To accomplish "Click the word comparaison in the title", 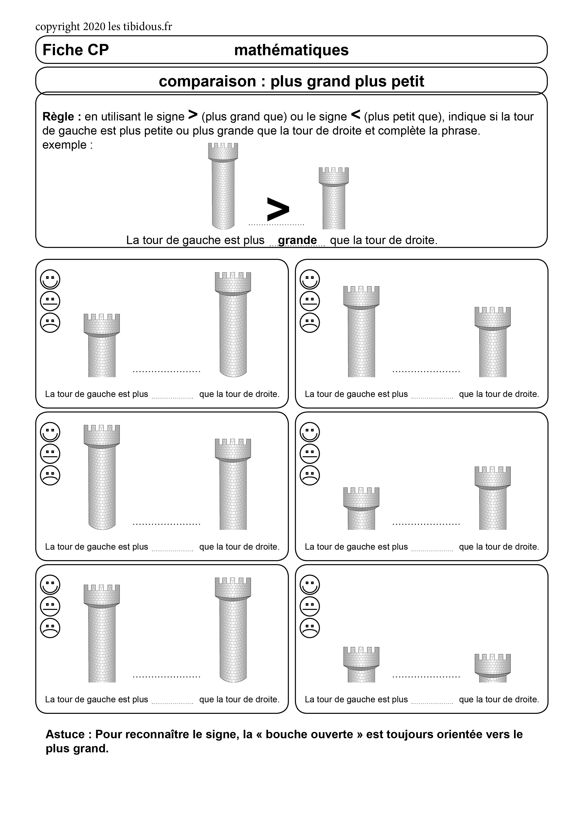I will coord(207,82).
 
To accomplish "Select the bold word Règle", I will coord(58,117).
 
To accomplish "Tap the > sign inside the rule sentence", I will coord(193,115).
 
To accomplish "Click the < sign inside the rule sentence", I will coord(355,115).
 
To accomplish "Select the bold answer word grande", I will coord(297,240).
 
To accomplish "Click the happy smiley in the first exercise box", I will coord(50,279).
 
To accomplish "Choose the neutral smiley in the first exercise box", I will coord(50,301).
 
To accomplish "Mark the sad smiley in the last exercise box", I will coord(310,628).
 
